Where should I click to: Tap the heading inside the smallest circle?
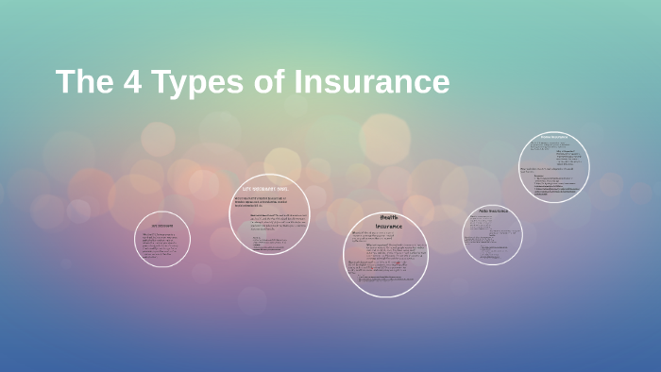click(162, 227)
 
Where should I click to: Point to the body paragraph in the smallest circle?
click(161, 245)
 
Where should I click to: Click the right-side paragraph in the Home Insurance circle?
click(568, 157)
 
